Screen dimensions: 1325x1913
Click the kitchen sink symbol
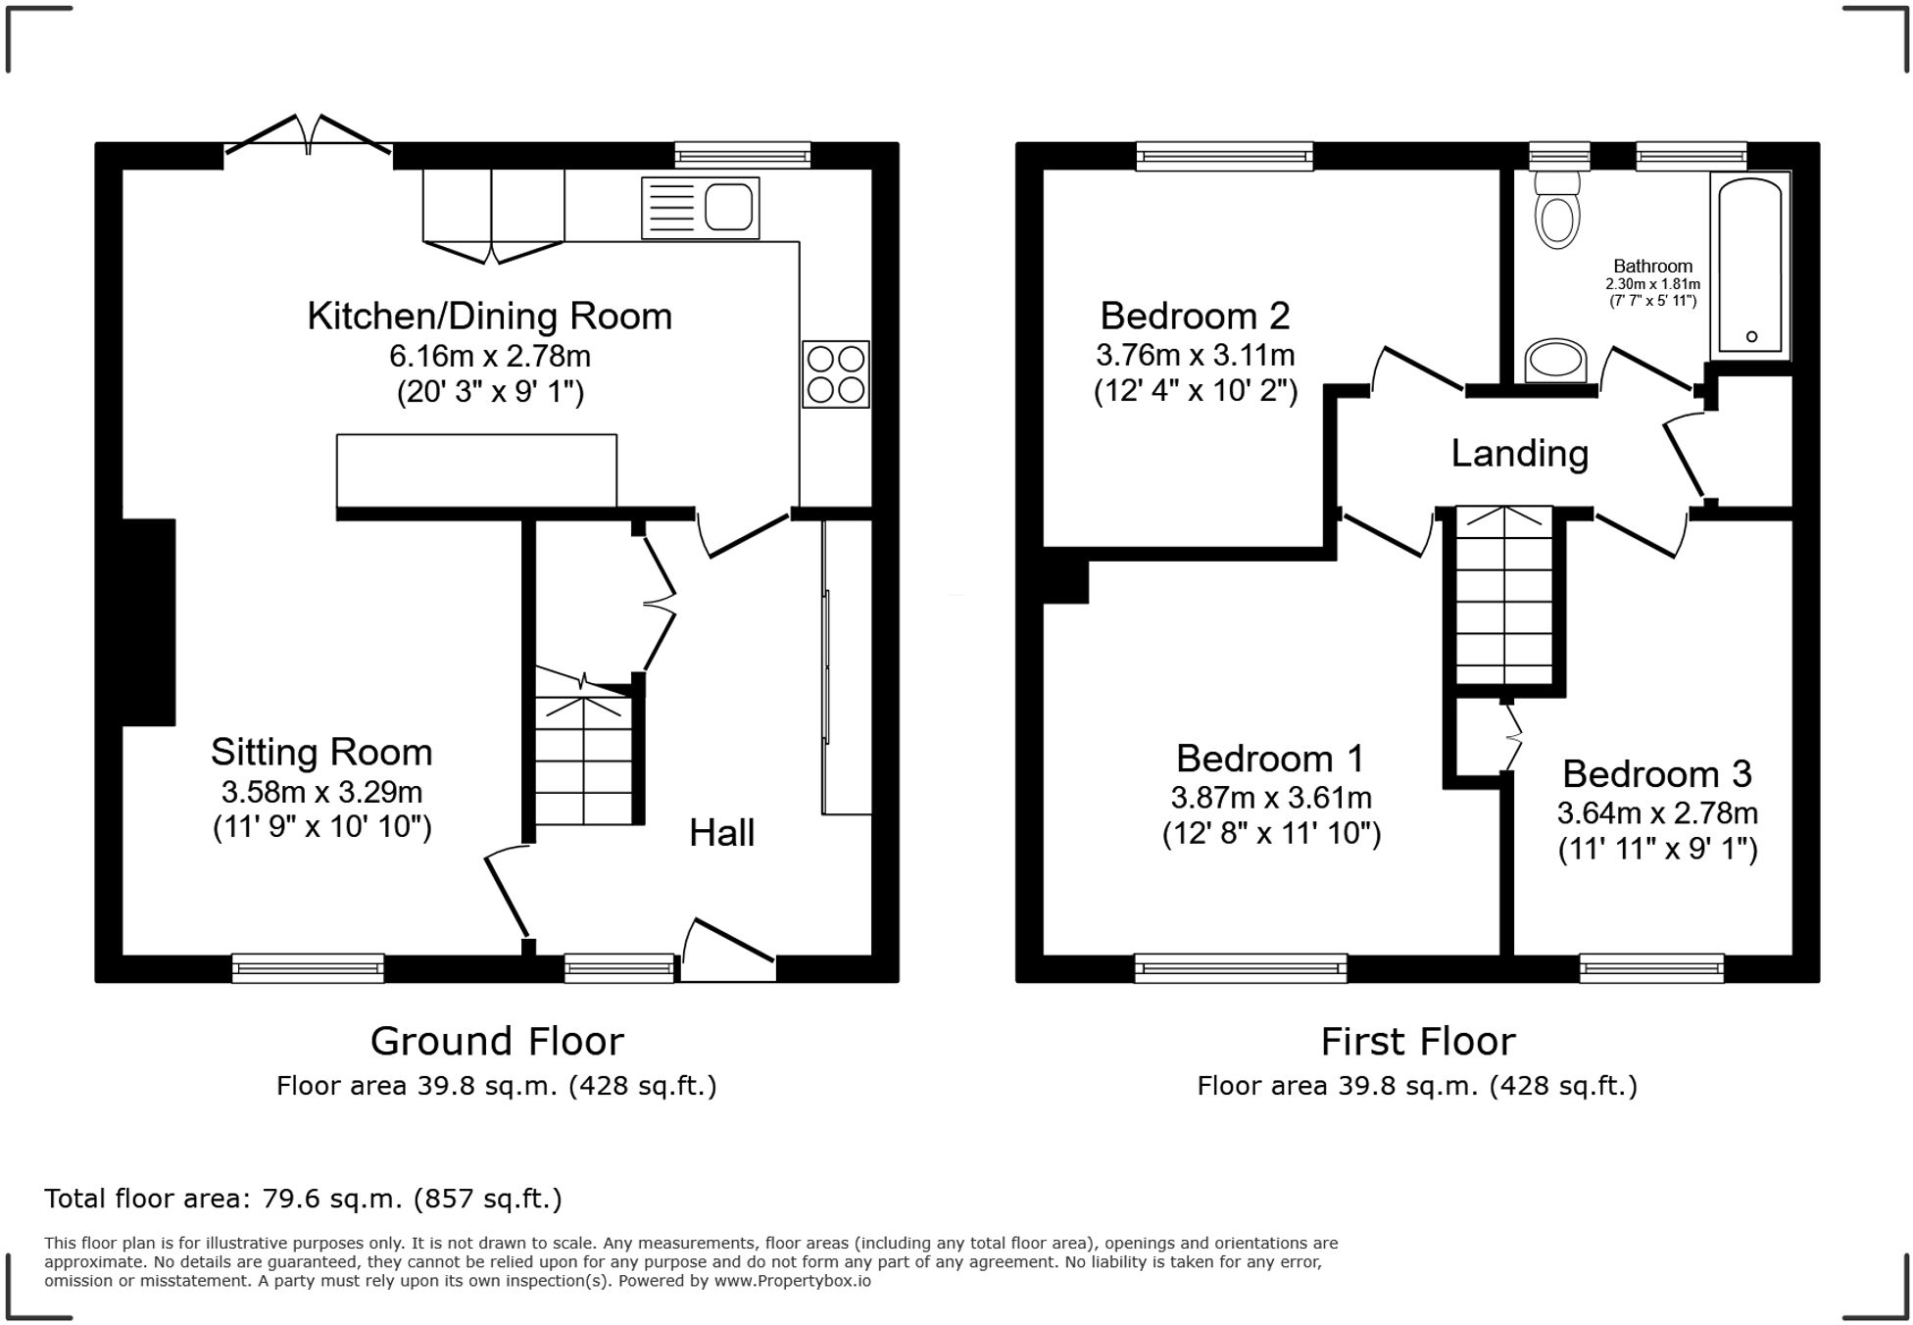tap(700, 208)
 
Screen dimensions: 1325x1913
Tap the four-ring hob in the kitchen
tap(835, 373)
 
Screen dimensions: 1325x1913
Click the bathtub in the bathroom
tap(1750, 268)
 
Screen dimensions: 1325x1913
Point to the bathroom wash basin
tap(1557, 360)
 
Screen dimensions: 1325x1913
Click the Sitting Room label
tap(320, 753)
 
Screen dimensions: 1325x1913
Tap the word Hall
tap(721, 833)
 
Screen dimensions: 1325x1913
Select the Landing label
tap(1519, 454)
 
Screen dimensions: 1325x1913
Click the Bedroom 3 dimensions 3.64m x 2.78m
tap(1656, 813)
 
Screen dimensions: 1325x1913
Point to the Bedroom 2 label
tap(1195, 316)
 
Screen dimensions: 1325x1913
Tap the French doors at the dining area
tap(309, 137)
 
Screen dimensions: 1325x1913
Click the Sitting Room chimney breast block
tap(148, 622)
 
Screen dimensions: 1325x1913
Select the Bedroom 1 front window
tap(1240, 968)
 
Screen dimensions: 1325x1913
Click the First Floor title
tap(1417, 1042)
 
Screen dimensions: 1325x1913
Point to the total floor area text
tap(303, 1199)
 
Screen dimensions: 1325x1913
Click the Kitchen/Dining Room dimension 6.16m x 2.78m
tap(489, 355)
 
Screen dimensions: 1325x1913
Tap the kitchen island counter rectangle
tap(476, 470)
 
